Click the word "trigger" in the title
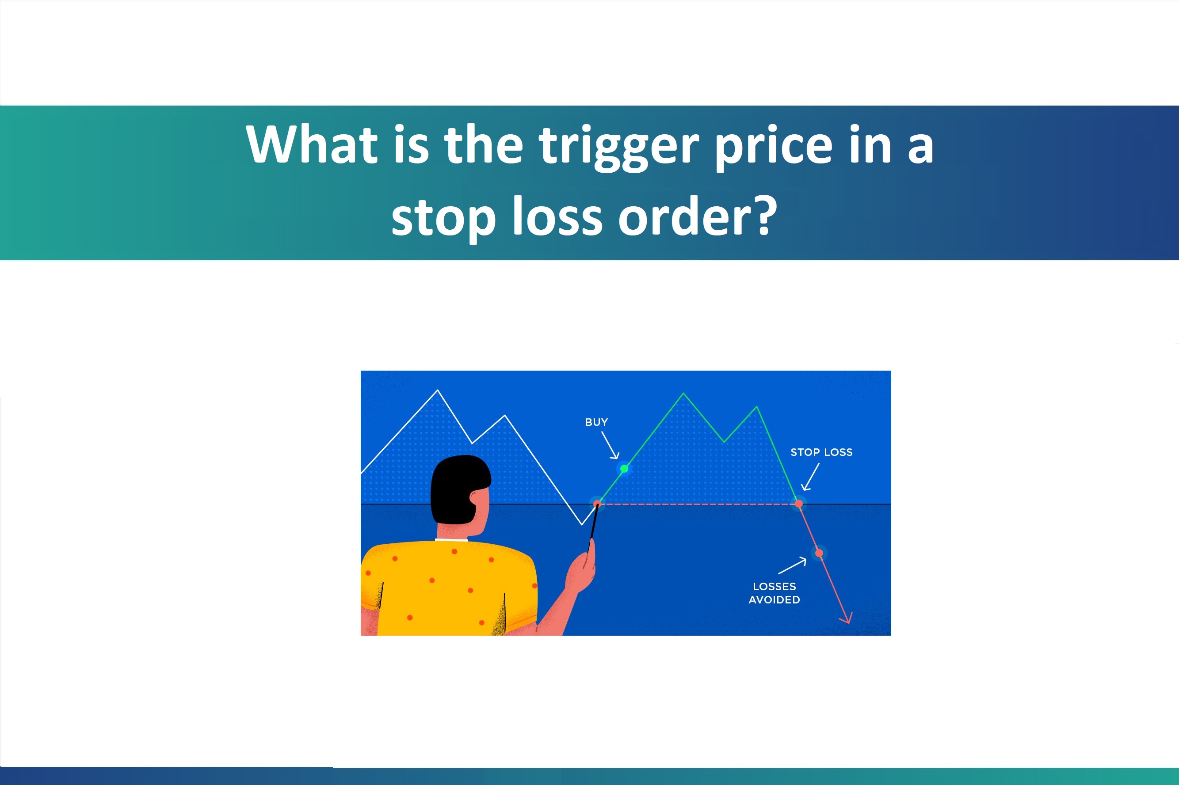click(618, 146)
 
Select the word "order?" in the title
click(697, 217)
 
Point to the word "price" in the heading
click(774, 146)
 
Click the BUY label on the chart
click(596, 422)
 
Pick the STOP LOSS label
click(821, 452)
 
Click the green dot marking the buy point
click(624, 469)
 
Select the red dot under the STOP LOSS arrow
click(799, 503)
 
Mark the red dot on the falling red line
click(819, 553)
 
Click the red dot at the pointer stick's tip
click(597, 504)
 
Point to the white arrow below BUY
click(610, 445)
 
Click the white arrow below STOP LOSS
click(810, 477)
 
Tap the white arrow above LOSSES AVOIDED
click(792, 566)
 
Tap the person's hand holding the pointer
click(581, 571)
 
